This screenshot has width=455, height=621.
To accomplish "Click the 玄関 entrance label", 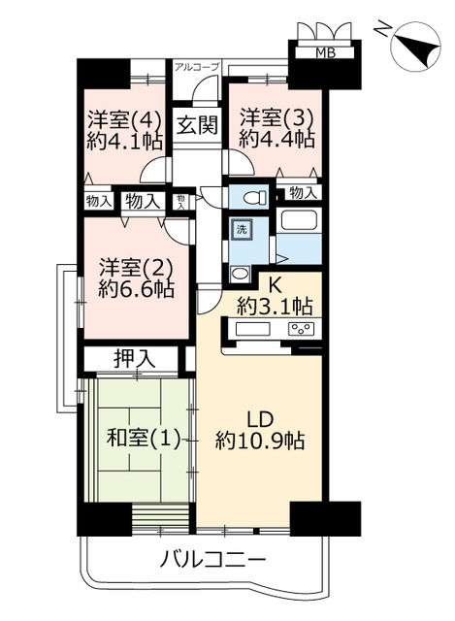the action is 197,125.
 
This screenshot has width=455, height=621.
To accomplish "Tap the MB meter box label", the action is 325,52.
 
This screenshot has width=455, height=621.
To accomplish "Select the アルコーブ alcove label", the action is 197,67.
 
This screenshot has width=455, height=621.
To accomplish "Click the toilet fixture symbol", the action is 251,197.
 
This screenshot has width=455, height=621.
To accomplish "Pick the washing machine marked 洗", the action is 242,229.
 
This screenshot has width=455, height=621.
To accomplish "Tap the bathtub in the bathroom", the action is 300,220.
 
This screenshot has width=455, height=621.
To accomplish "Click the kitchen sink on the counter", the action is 252,328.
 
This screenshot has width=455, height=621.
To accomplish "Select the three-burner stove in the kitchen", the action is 302,328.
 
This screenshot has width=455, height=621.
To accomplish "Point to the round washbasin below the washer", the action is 240,273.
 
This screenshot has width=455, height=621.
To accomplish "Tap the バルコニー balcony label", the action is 212,560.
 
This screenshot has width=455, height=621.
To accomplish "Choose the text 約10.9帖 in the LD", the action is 260,440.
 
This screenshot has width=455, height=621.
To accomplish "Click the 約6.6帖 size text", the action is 136,289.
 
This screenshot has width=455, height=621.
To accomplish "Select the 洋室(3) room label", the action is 276,117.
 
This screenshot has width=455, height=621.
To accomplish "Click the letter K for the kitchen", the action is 276,286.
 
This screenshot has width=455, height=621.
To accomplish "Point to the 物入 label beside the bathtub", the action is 303,192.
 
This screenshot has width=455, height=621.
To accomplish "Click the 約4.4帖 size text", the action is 277,139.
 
